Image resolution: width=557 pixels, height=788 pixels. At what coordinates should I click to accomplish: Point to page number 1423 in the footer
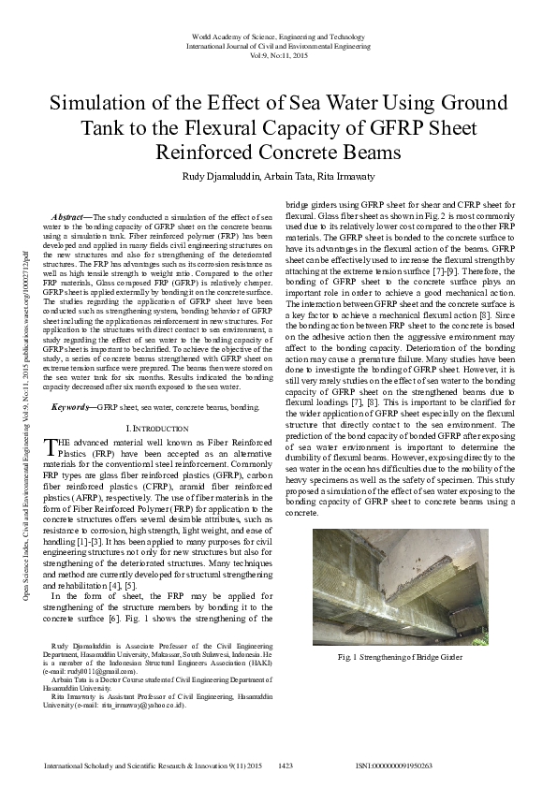286,766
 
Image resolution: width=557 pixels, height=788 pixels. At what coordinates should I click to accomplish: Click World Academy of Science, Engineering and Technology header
277,36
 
